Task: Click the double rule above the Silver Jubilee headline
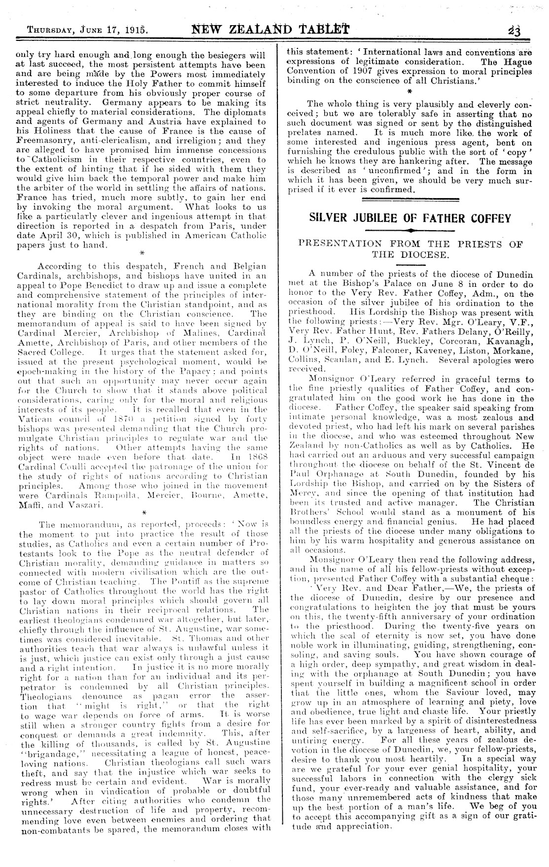click(x=410, y=199)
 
